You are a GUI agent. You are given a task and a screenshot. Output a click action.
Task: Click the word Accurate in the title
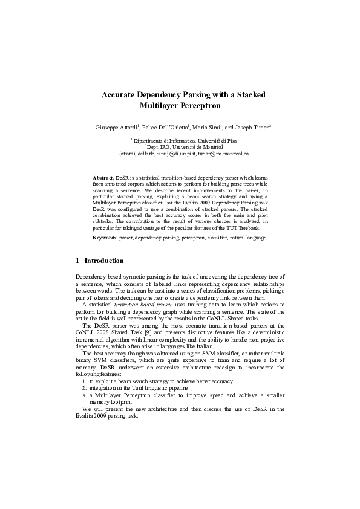tap(118, 95)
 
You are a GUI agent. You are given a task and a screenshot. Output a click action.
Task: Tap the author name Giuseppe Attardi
tap(117, 128)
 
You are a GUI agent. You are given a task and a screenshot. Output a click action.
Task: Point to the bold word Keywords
tap(105, 238)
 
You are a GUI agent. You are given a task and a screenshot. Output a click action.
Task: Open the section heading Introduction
tap(103, 261)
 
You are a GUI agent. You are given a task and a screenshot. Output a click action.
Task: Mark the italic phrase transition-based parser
tap(140, 305)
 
